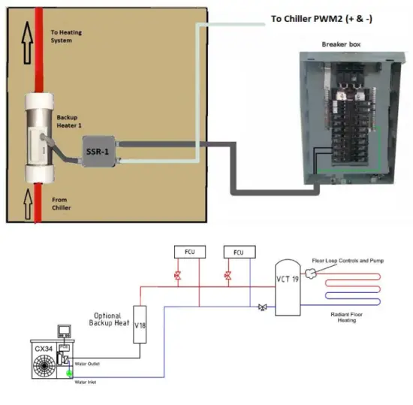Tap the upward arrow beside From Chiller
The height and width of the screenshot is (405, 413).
[27, 202]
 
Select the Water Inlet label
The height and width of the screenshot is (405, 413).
[86, 382]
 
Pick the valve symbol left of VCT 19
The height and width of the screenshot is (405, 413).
[261, 307]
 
